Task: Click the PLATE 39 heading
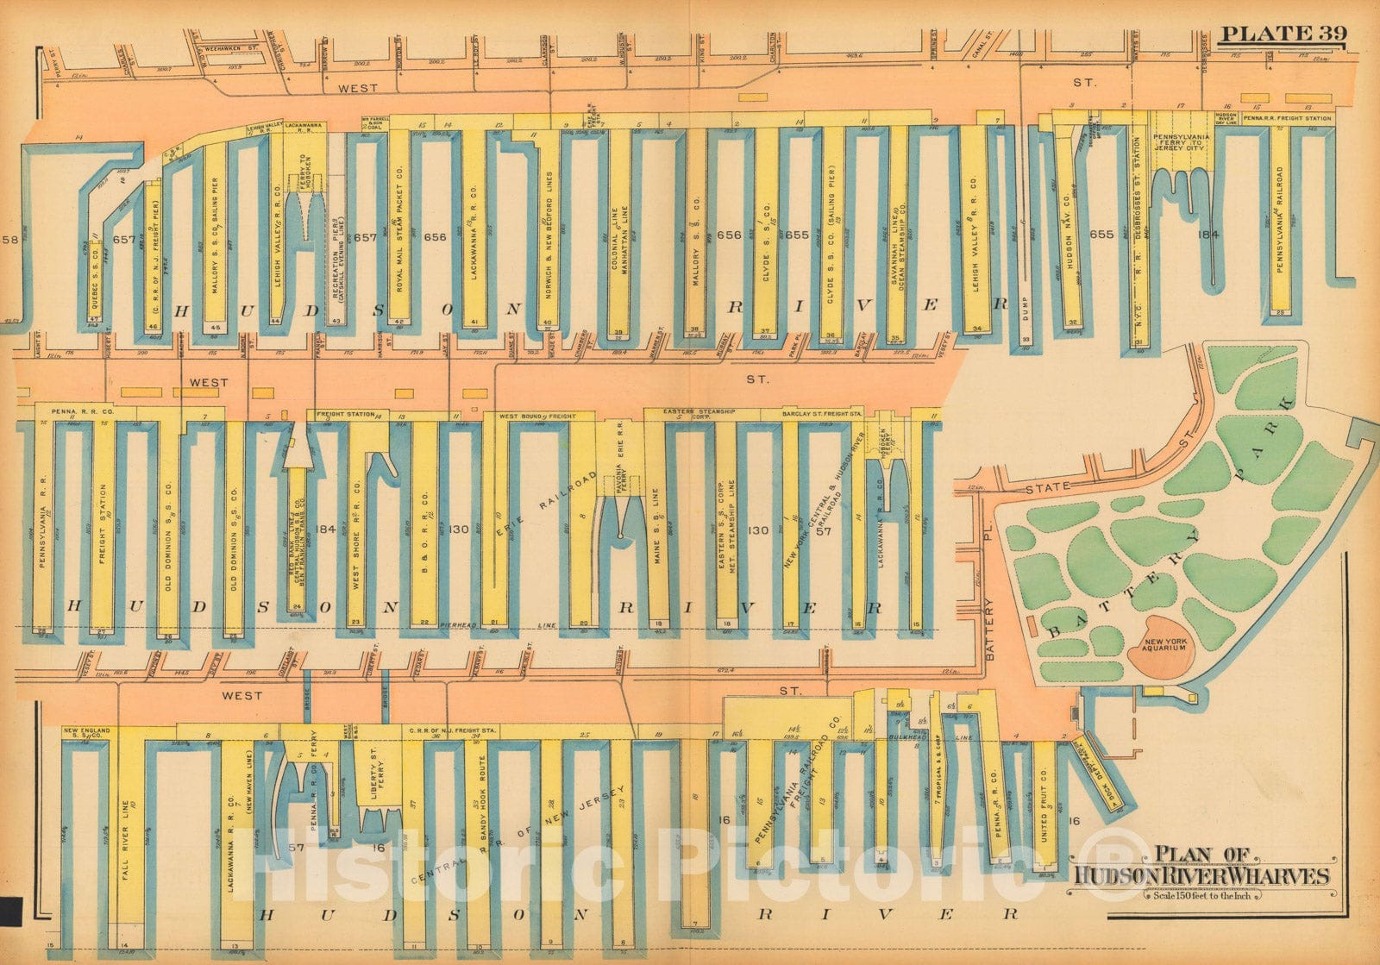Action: click(x=1283, y=35)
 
